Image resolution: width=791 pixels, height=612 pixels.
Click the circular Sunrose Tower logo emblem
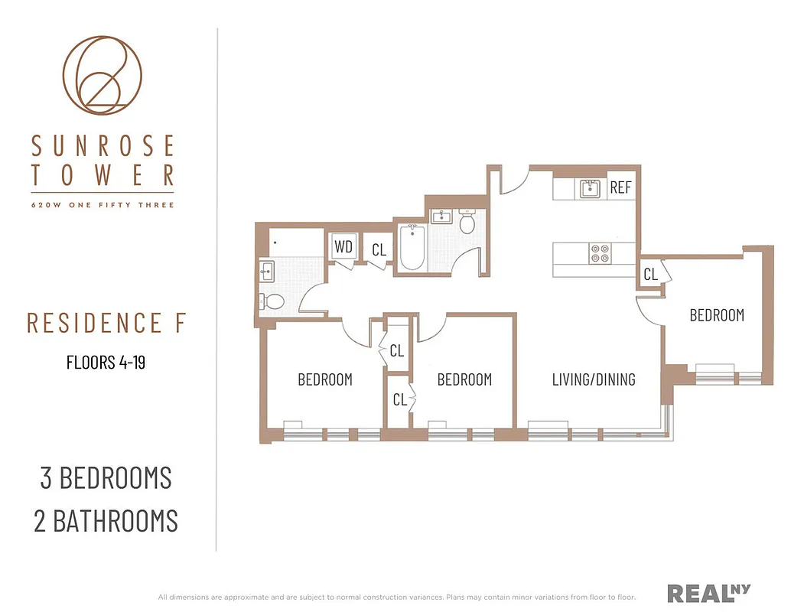tap(102, 75)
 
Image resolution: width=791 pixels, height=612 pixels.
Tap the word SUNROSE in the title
tap(103, 145)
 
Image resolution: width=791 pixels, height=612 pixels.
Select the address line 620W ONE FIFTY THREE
tap(103, 205)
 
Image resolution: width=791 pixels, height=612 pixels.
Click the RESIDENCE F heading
tap(106, 324)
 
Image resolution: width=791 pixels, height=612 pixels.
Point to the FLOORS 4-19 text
tap(106, 362)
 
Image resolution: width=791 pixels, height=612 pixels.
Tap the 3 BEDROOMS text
tap(106, 477)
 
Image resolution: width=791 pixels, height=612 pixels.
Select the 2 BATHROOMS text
tap(106, 521)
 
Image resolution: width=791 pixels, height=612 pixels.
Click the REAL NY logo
tap(708, 593)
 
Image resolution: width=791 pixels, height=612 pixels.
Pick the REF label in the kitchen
tap(620, 187)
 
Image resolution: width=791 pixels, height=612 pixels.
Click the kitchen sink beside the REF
tap(590, 187)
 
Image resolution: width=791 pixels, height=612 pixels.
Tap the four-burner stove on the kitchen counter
tap(600, 252)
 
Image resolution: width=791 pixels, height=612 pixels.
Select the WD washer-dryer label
tap(343, 248)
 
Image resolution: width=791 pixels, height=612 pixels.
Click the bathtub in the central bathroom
tap(412, 247)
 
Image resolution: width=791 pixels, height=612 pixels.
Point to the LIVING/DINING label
tap(594, 379)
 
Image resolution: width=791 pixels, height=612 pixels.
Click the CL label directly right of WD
tap(379, 250)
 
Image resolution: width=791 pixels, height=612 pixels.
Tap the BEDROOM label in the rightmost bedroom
tap(717, 315)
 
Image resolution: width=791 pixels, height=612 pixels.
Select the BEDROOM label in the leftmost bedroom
tap(325, 379)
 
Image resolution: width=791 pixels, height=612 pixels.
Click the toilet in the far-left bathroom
tap(271, 301)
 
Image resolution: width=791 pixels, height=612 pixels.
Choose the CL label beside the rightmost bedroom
tap(650, 274)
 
